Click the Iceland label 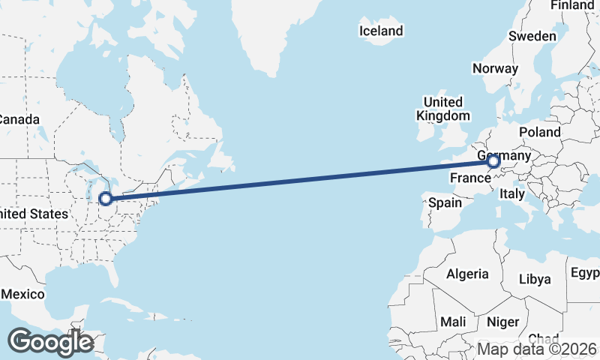[381, 31]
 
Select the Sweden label [532, 36]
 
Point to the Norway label [495, 68]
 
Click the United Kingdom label [443, 109]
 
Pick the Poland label [539, 132]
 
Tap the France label [469, 178]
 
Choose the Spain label [445, 202]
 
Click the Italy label [512, 193]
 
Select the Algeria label [467, 274]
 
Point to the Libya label [535, 279]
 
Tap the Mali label [453, 322]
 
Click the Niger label [502, 322]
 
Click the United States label [33, 214]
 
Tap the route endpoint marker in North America [106, 199]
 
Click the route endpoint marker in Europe [493, 160]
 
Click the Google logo [50, 342]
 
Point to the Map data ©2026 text [537, 349]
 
